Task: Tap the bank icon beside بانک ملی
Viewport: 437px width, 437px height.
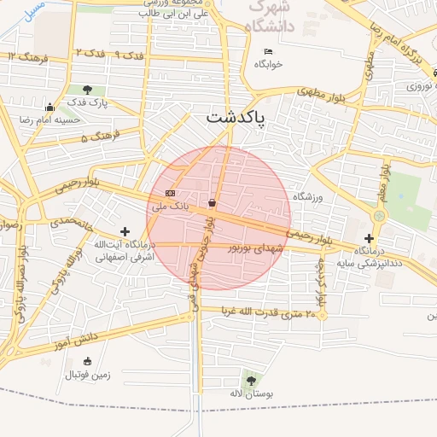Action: [x=171, y=193]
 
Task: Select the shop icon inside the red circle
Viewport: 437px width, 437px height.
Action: [x=212, y=202]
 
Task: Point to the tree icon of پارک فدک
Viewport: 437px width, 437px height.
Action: [x=89, y=89]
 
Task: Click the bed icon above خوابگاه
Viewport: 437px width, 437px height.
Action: [x=268, y=51]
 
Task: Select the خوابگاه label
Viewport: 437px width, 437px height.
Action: [x=268, y=64]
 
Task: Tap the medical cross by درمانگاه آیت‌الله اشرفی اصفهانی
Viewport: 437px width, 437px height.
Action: [x=125, y=230]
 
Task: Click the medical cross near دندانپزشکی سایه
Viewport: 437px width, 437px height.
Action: [x=369, y=238]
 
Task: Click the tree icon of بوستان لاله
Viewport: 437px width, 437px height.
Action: [x=249, y=380]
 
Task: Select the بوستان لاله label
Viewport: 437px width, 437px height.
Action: [x=249, y=393]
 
